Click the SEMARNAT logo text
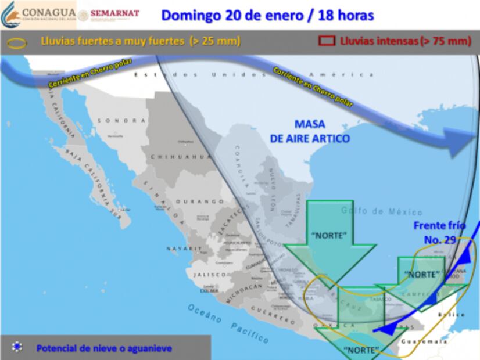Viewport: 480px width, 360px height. pyautogui.click(x=114, y=13)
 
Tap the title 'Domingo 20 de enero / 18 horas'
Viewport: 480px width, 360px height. pyautogui.click(x=267, y=15)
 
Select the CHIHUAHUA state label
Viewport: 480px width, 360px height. pyautogui.click(x=173, y=157)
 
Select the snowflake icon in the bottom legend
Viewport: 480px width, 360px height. pyautogui.click(x=17, y=347)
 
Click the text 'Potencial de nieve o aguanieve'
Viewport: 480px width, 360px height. pyautogui.click(x=104, y=348)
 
